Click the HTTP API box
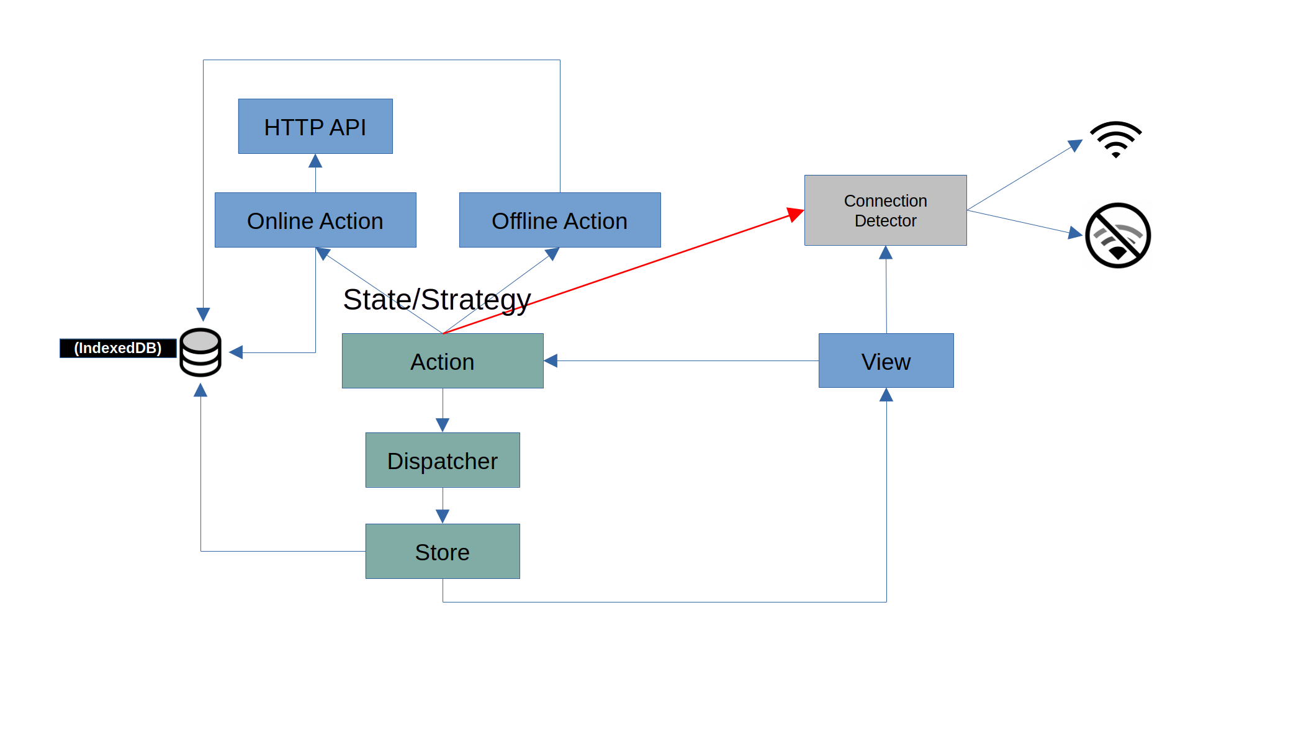(x=315, y=127)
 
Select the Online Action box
(x=315, y=220)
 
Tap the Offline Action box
(x=559, y=220)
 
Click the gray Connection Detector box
(x=885, y=210)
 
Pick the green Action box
(x=443, y=361)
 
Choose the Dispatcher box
(x=443, y=460)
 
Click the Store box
(x=443, y=552)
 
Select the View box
(x=886, y=361)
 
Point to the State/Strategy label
(x=437, y=300)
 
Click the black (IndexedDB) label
(x=118, y=348)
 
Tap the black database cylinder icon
(x=200, y=352)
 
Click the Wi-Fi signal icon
(x=1115, y=139)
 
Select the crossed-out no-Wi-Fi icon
(x=1118, y=235)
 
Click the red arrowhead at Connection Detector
(x=795, y=214)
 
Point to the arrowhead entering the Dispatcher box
(x=443, y=425)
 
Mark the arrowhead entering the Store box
(x=443, y=516)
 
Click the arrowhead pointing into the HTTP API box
(x=315, y=161)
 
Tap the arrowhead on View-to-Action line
(x=551, y=361)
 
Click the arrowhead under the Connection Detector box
(x=886, y=253)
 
